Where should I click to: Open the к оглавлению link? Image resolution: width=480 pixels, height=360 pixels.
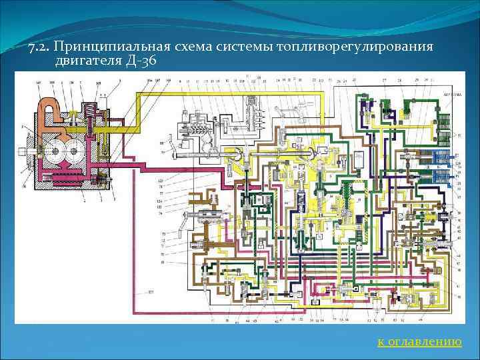click(x=419, y=341)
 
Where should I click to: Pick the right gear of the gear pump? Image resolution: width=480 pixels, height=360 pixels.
click(x=73, y=153)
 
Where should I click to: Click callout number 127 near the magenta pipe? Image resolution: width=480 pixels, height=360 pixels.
click(x=151, y=292)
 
